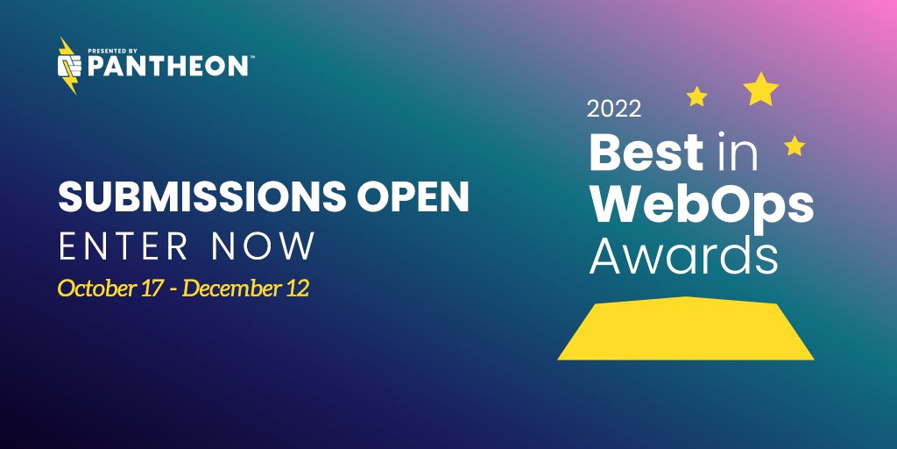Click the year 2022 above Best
(614, 110)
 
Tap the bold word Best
(646, 152)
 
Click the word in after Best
(734, 152)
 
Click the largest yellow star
(761, 89)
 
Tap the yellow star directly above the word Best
(696, 96)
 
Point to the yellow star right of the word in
(795, 146)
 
